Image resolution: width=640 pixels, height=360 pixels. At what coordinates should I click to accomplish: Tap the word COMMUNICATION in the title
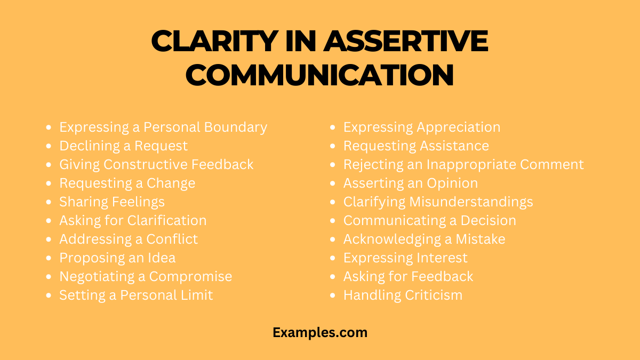coord(319,75)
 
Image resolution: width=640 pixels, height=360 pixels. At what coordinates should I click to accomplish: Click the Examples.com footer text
coord(320,332)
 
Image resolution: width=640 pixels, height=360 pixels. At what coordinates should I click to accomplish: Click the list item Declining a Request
coord(123,146)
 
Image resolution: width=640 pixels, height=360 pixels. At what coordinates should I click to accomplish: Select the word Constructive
coord(146,165)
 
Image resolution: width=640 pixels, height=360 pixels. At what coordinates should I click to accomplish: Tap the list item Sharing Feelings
coord(111,202)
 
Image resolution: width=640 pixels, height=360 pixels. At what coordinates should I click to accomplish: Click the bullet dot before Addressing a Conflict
coord(49,239)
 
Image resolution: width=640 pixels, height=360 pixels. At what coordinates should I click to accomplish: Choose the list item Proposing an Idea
coord(117,258)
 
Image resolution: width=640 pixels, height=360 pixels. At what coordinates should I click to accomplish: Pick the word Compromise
coord(190,277)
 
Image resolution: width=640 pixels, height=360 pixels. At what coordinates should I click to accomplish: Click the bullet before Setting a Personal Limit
coord(49,295)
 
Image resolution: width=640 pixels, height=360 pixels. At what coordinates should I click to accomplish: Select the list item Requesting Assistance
coord(416,146)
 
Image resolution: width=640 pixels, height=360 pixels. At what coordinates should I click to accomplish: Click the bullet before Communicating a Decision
coord(333,221)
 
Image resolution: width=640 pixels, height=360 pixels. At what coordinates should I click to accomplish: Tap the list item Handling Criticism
coord(403,295)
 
